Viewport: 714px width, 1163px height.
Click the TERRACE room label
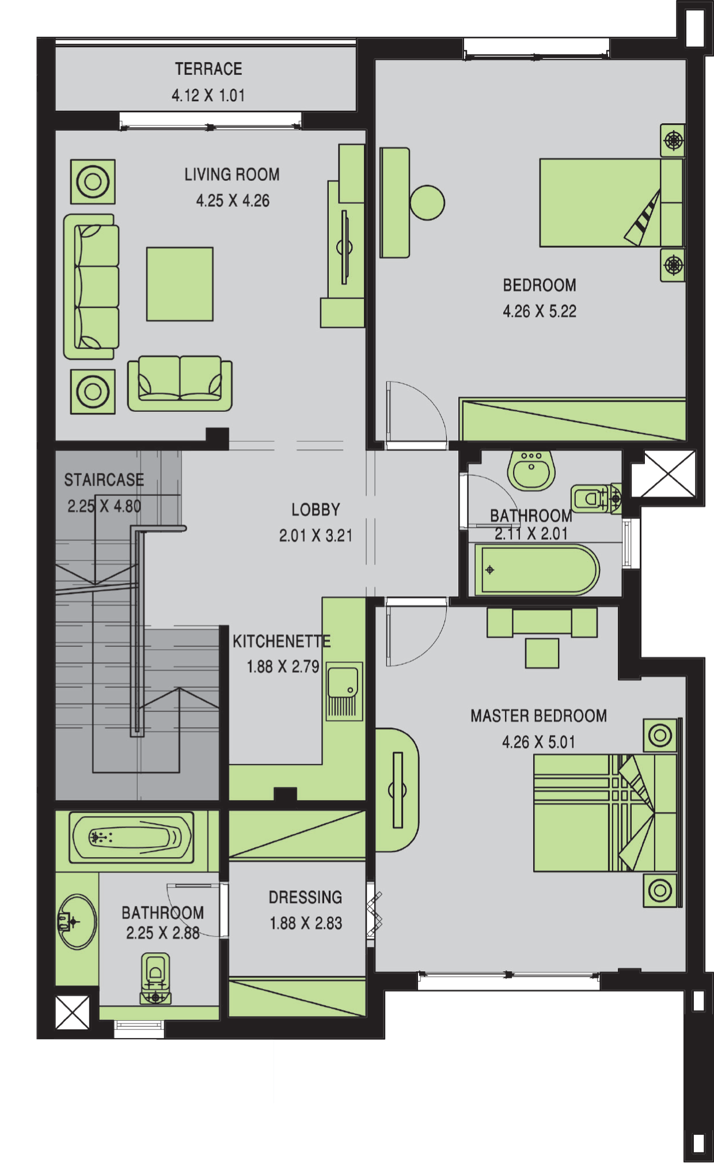pyautogui.click(x=208, y=69)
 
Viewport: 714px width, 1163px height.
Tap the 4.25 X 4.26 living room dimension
pyautogui.click(x=233, y=201)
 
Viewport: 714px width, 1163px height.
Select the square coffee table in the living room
pyautogui.click(x=180, y=284)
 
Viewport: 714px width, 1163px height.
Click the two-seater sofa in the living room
pyautogui.click(x=180, y=383)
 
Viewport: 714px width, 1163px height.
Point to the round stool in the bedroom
pyautogui.click(x=427, y=203)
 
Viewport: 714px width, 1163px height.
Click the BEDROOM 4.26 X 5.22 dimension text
pyautogui.click(x=540, y=312)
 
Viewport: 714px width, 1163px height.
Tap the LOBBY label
pyautogui.click(x=316, y=510)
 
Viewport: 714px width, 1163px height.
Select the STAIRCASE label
pyautogui.click(x=104, y=480)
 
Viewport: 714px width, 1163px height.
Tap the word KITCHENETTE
pyautogui.click(x=282, y=641)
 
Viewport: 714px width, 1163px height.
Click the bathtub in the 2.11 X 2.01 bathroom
pyautogui.click(x=536, y=570)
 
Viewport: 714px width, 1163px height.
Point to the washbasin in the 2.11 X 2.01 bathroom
pyautogui.click(x=531, y=470)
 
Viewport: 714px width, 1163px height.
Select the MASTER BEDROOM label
pyautogui.click(x=539, y=716)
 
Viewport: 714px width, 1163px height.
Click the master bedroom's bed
pyautogui.click(x=605, y=813)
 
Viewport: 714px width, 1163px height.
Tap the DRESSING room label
pyautogui.click(x=305, y=897)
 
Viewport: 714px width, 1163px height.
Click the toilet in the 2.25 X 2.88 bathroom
pyautogui.click(x=155, y=979)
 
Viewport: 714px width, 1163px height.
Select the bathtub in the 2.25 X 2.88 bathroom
pyautogui.click(x=131, y=838)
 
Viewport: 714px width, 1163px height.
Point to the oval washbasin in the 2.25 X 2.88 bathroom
pyautogui.click(x=77, y=922)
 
